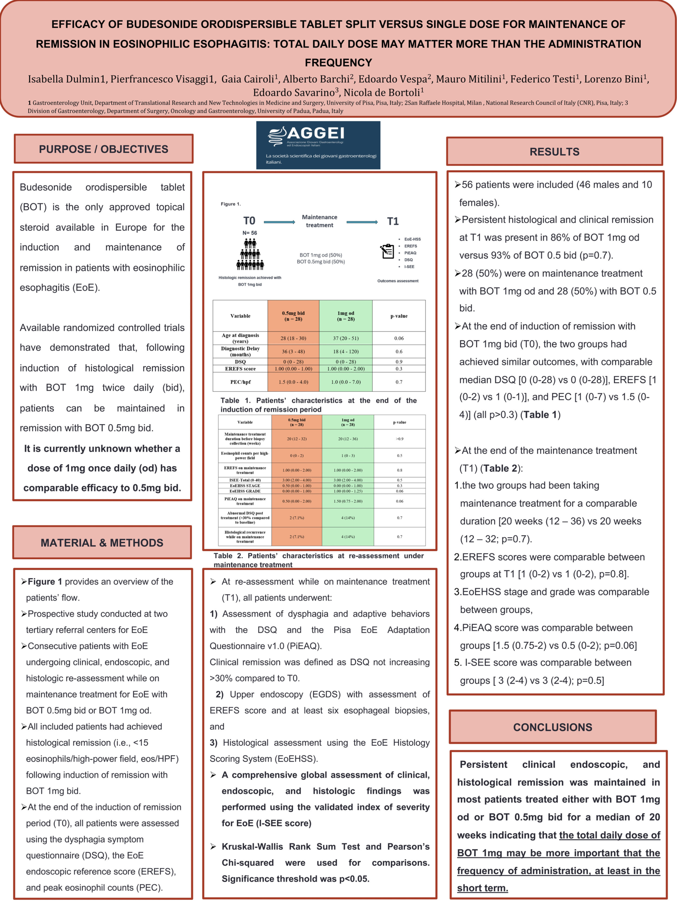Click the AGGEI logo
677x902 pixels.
318,145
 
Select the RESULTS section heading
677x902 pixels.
554,152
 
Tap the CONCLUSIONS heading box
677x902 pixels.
553,727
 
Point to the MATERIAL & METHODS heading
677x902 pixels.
102,542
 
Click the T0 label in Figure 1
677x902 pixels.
249,221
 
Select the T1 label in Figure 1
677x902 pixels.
392,221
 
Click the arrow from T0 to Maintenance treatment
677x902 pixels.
279,222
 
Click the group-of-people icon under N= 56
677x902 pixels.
250,255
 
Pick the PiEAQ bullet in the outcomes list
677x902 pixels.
410,253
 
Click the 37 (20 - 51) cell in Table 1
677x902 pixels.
346,338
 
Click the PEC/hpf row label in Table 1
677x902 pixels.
240,382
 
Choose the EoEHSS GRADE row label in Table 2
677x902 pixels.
245,491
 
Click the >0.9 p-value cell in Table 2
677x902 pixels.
399,439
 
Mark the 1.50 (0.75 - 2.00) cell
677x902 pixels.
348,501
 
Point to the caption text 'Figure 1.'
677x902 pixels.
231,204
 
